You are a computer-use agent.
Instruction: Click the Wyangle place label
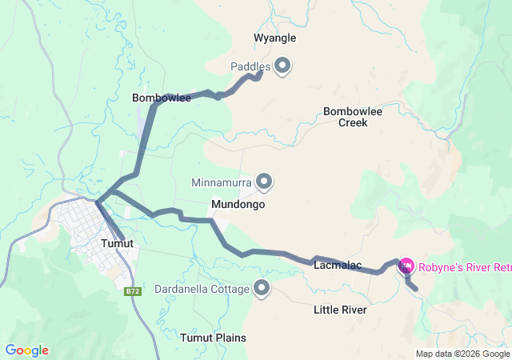click(274, 38)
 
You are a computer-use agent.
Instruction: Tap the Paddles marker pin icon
click(282, 66)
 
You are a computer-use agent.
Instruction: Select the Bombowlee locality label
click(161, 98)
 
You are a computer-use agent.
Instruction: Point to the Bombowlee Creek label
click(353, 117)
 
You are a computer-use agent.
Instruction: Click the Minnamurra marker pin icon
click(264, 182)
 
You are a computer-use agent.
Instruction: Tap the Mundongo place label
click(238, 205)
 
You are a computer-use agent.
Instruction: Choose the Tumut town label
click(117, 243)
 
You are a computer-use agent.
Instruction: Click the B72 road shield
click(133, 291)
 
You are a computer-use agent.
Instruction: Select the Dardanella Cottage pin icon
click(261, 287)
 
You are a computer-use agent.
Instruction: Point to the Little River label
click(340, 310)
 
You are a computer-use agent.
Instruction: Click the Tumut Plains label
click(213, 338)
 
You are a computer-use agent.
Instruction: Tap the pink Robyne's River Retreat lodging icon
click(406, 265)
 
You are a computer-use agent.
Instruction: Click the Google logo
click(26, 350)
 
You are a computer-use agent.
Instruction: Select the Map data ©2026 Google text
click(462, 354)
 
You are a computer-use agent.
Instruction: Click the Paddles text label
click(250, 66)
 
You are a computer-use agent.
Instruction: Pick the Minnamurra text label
click(222, 182)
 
